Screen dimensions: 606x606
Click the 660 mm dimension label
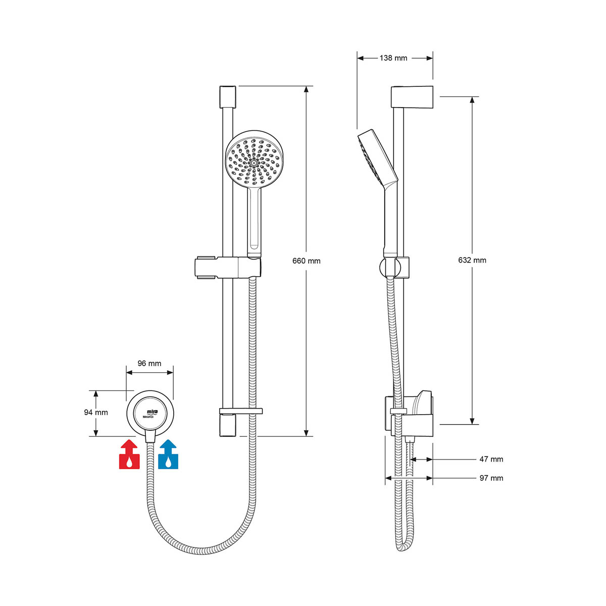[307, 261]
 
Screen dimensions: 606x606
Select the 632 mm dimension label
[472, 260]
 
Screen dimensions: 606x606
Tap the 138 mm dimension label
[393, 58]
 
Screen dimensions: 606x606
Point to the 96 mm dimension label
[149, 364]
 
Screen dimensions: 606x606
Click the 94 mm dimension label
[96, 412]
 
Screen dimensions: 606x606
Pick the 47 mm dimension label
[491, 459]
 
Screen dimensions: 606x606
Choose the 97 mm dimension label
[491, 478]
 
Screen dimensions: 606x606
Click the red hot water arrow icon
[129, 454]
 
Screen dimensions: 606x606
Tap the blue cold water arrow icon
[169, 454]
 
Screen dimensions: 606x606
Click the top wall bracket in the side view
[413, 96]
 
